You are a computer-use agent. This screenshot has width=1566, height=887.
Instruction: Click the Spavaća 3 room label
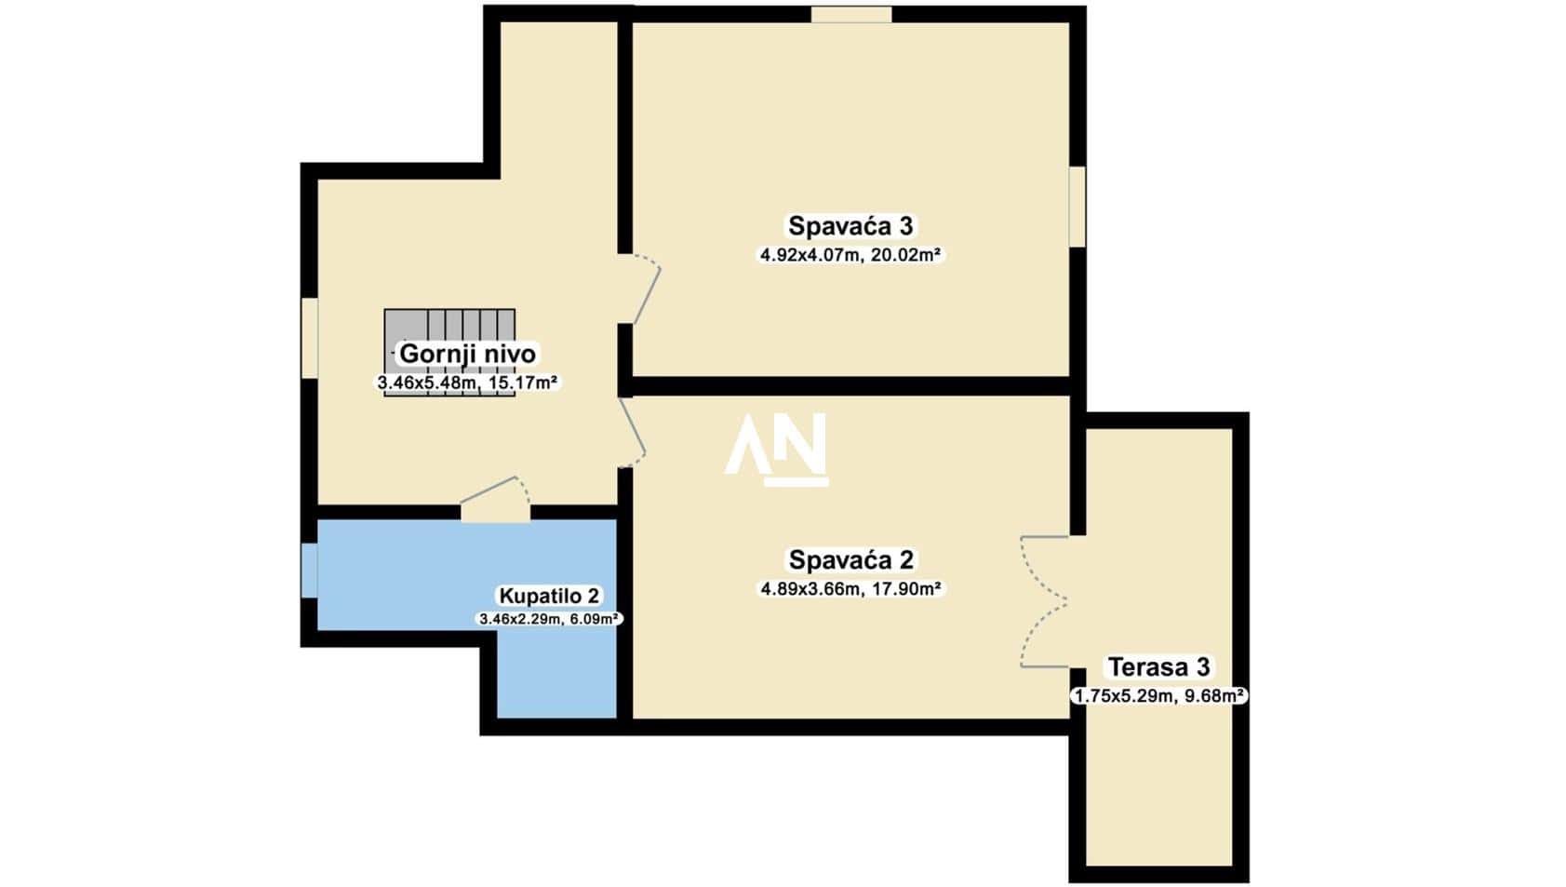tap(850, 226)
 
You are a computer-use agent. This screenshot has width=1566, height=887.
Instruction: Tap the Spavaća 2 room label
tap(850, 559)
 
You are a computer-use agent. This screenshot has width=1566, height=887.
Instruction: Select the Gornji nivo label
tap(468, 354)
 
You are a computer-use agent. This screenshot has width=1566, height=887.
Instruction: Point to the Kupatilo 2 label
tap(549, 596)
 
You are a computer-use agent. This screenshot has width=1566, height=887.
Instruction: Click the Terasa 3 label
tap(1159, 666)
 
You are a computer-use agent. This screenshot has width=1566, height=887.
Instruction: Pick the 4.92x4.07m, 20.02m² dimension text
tap(850, 255)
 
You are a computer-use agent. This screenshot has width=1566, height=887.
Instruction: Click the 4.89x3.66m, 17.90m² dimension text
tap(850, 589)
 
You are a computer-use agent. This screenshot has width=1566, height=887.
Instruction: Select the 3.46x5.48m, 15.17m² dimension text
tap(468, 383)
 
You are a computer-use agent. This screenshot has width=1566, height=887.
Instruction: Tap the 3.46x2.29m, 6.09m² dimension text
tap(549, 618)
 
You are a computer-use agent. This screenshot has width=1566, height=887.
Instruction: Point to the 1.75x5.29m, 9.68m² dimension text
tap(1159, 696)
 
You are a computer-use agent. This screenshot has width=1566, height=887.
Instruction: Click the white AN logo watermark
tap(776, 450)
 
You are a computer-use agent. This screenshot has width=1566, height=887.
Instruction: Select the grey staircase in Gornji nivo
tap(449, 353)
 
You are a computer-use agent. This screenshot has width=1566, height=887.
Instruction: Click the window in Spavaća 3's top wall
tap(851, 14)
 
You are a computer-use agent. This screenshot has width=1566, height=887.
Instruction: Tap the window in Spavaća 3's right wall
tap(1077, 207)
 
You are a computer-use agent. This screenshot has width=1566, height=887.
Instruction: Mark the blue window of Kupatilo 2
tap(309, 571)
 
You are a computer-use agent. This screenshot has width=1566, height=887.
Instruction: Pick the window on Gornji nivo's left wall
tap(309, 339)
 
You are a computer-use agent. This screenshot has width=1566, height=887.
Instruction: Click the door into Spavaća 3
tap(639, 289)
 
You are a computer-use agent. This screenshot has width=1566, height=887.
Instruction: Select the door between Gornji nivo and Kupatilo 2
tap(495, 499)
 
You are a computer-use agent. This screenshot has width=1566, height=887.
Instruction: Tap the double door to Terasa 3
tap(1045, 601)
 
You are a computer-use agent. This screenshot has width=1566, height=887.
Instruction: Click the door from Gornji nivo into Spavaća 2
tap(632, 432)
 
